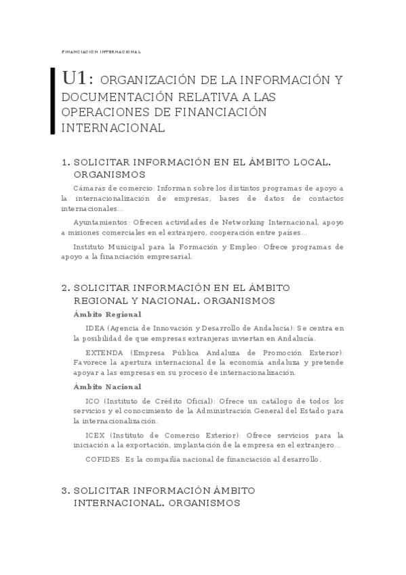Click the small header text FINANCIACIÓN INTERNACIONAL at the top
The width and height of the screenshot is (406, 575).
click(101, 52)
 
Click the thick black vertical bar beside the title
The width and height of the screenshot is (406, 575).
click(54, 101)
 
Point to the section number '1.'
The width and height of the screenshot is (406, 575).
click(65, 163)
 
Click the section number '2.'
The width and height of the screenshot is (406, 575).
click(65, 287)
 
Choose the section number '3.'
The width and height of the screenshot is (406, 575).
click(65, 490)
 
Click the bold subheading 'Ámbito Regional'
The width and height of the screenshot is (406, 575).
click(106, 315)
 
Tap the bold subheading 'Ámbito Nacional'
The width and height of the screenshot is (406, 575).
click(106, 386)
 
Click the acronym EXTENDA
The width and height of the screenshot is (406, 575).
click(104, 353)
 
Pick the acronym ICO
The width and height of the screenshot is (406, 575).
click(92, 401)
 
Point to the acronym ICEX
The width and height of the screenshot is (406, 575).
click(95, 435)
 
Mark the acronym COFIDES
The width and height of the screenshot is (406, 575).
click(102, 459)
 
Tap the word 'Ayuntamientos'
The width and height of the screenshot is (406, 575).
click(100, 221)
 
